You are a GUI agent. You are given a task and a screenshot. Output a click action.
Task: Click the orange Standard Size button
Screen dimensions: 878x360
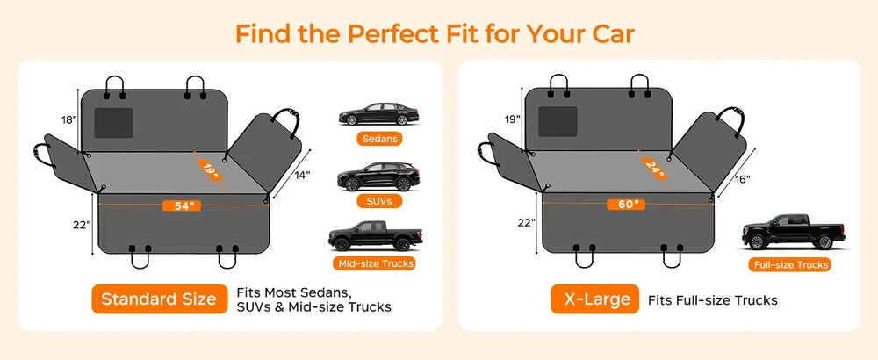point(160,299)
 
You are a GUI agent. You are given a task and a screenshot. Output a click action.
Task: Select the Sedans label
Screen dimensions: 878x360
point(379,138)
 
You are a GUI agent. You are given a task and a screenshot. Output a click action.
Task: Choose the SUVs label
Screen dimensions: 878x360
point(379,200)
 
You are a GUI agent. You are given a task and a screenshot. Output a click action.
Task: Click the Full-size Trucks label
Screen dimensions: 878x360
point(791,265)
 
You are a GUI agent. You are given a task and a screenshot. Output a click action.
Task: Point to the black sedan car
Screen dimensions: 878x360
point(378,114)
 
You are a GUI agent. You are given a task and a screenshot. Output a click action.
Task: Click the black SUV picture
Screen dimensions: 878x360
point(378,176)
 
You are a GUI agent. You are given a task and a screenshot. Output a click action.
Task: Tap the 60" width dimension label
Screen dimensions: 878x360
point(625,205)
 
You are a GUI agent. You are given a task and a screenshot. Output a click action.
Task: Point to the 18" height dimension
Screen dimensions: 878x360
point(68,119)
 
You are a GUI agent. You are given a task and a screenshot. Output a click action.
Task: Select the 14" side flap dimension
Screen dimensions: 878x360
point(302,176)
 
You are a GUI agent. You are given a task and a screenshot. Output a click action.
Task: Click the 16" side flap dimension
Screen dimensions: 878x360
point(742,179)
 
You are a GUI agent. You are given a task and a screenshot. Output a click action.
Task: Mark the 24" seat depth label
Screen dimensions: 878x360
point(654,168)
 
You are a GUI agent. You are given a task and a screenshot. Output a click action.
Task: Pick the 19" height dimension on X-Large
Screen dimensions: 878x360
point(513,119)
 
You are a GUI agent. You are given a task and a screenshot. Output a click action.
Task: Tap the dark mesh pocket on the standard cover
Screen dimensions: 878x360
point(113,123)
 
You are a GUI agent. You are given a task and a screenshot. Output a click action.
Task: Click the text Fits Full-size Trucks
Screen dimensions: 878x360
point(713,300)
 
